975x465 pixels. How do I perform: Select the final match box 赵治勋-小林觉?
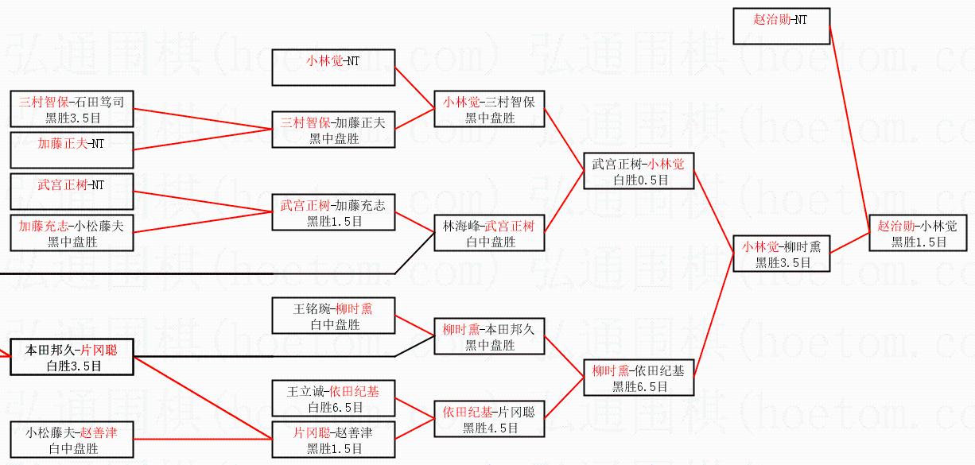[918, 233]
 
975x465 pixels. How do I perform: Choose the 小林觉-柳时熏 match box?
[781, 254]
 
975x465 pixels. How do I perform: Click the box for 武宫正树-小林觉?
[639, 171]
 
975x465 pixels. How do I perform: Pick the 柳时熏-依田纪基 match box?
[639, 378]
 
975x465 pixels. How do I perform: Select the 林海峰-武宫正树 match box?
[489, 233]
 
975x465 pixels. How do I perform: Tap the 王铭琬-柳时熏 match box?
[333, 316]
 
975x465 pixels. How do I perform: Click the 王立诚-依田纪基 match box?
[333, 398]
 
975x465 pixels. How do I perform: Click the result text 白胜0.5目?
[641, 180]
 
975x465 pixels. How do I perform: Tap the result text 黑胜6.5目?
[640, 386]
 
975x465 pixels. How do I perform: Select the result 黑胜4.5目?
[491, 428]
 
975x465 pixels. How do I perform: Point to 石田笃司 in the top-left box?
[99, 103]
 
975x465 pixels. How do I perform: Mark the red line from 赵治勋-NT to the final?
[849, 130]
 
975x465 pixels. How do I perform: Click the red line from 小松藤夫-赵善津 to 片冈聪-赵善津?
[203, 440]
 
